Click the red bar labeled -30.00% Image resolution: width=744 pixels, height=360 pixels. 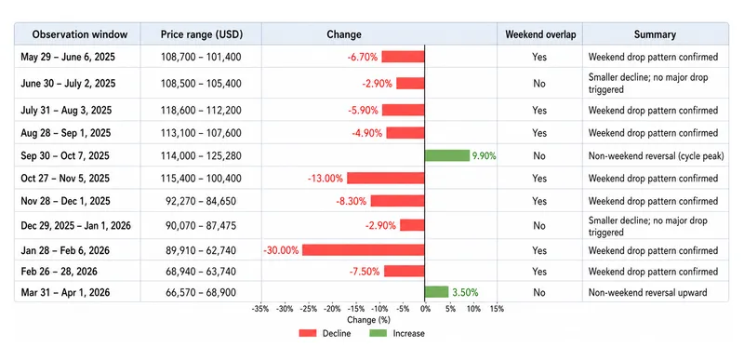364,250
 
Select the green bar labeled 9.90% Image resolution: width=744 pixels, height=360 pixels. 447,155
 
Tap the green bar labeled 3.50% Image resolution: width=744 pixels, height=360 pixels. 436,292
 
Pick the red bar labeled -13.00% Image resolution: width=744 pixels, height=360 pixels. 386,179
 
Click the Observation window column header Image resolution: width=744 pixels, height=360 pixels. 80,34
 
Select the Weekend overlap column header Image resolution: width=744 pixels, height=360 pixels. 539,34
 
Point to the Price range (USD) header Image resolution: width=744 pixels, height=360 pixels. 202,34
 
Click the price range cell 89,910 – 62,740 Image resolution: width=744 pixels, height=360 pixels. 201,250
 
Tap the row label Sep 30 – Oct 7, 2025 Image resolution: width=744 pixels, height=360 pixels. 65,155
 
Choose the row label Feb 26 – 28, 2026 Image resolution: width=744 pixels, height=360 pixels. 60,272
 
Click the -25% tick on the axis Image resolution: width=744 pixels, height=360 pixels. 309,309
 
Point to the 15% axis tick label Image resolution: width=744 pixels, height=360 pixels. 497,309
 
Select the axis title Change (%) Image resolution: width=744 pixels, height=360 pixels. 368,320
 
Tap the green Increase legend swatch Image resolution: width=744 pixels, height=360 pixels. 379,333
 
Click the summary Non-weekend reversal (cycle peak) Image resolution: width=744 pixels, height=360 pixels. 657,156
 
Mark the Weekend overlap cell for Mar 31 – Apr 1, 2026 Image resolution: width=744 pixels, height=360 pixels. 539,293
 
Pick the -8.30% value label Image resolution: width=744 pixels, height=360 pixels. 352,201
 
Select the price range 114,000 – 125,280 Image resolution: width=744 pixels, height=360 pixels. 201,155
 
